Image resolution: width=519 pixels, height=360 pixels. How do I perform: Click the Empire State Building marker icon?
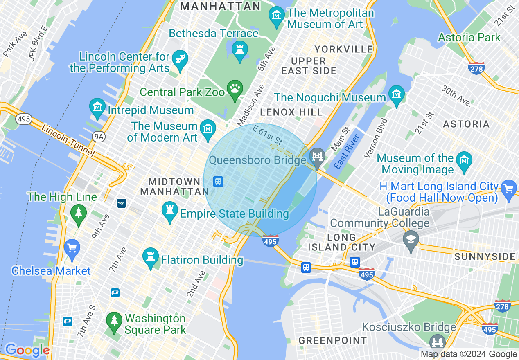pyautogui.click(x=170, y=211)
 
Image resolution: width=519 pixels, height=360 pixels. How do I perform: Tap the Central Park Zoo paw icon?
pyautogui.click(x=235, y=89)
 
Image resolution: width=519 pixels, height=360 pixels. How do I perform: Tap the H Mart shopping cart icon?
pyautogui.click(x=509, y=189)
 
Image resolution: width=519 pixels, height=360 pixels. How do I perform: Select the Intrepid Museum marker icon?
pyautogui.click(x=97, y=108)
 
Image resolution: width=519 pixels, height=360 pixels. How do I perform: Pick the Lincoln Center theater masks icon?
pyautogui.click(x=179, y=59)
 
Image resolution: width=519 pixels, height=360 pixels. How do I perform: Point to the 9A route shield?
pyautogui.click(x=98, y=137)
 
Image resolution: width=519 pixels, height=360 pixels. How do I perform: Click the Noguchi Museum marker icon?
pyautogui.click(x=397, y=95)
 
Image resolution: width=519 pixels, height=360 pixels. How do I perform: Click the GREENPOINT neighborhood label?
pyautogui.click(x=332, y=340)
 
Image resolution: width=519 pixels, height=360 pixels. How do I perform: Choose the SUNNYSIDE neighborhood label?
pyautogui.click(x=485, y=257)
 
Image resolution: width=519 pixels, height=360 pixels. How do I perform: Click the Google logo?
pyautogui.click(x=27, y=350)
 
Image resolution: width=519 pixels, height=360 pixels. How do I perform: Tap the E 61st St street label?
pyautogui.click(x=267, y=135)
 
